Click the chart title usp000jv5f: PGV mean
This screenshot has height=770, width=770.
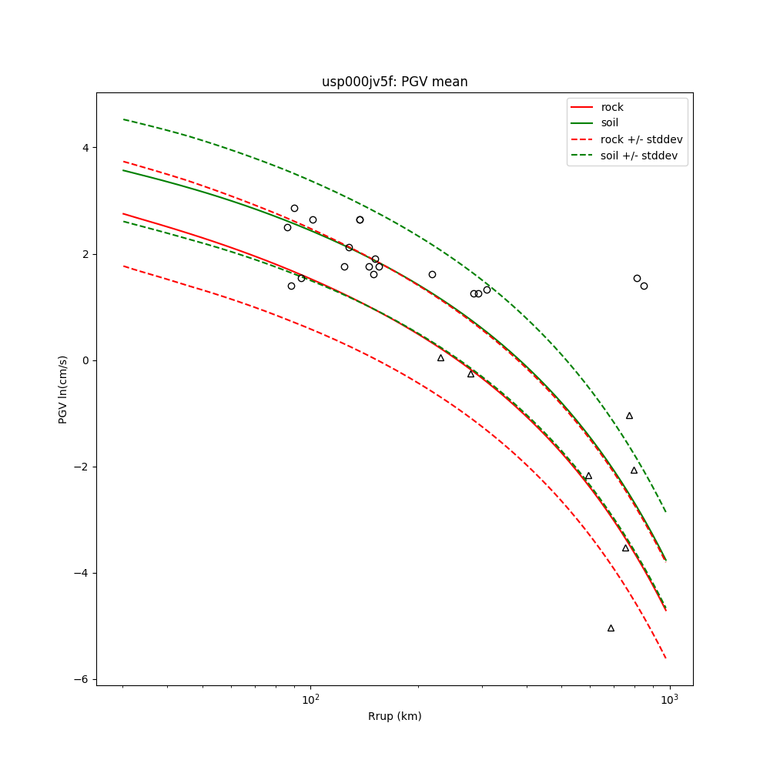[x=394, y=82]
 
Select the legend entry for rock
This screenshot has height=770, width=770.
[x=612, y=107]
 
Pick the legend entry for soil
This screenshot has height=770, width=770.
[x=610, y=122]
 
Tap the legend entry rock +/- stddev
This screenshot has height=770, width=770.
[x=641, y=139]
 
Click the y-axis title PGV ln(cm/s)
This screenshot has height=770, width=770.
[x=63, y=390]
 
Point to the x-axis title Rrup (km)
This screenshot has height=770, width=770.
[x=394, y=716]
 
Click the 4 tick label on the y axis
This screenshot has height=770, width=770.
[x=85, y=148]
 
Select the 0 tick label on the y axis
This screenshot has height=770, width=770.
[x=85, y=360]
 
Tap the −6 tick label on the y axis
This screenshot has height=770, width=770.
[x=82, y=679]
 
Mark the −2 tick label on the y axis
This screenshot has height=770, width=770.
[x=82, y=467]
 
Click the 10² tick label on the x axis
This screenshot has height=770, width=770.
[x=310, y=700]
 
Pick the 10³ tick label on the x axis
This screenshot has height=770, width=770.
[x=669, y=700]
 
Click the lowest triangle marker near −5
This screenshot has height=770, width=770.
[x=611, y=628]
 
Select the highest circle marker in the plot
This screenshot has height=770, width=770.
[x=294, y=208]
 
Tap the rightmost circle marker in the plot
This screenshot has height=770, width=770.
[x=644, y=286]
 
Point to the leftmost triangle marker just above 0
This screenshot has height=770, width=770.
[x=440, y=357]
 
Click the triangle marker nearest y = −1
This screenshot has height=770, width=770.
[x=629, y=416]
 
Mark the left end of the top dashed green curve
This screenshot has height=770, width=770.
[x=124, y=119]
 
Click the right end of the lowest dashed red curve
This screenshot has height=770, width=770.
[x=666, y=658]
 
